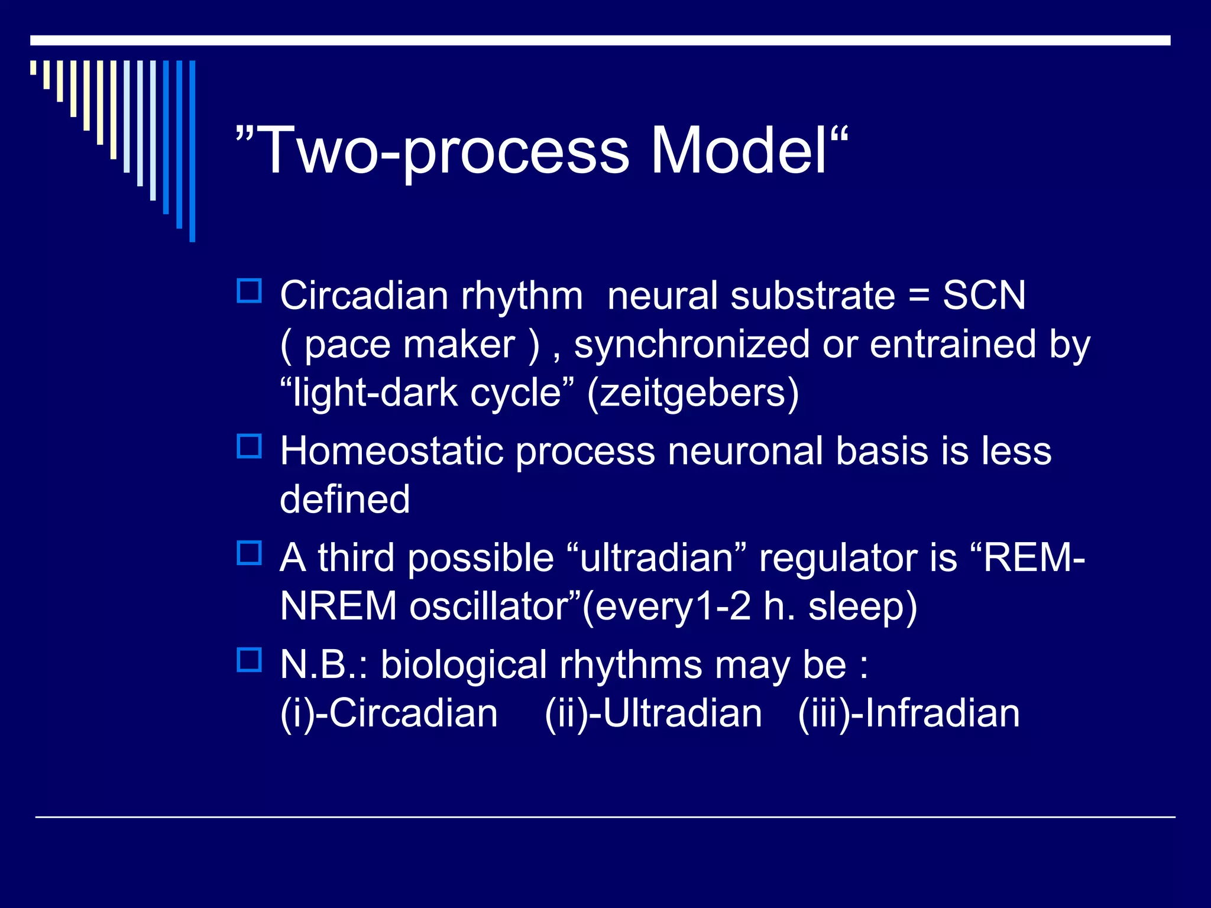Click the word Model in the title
pyautogui.click(x=739, y=151)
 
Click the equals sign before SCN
pyautogui.click(x=919, y=296)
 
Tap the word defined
pyautogui.click(x=345, y=500)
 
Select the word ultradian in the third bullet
pyautogui.click(x=656, y=558)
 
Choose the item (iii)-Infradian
pyautogui.click(x=909, y=714)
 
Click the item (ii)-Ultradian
pyautogui.click(x=653, y=714)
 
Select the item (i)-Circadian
pyautogui.click(x=389, y=714)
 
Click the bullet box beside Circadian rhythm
pyautogui.click(x=249, y=291)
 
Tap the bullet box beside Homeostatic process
pyautogui.click(x=249, y=446)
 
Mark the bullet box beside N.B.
pyautogui.click(x=249, y=660)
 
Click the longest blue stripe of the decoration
pyautogui.click(x=192, y=151)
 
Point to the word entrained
pyautogui.click(x=953, y=345)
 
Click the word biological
pyautogui.click(x=464, y=665)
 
